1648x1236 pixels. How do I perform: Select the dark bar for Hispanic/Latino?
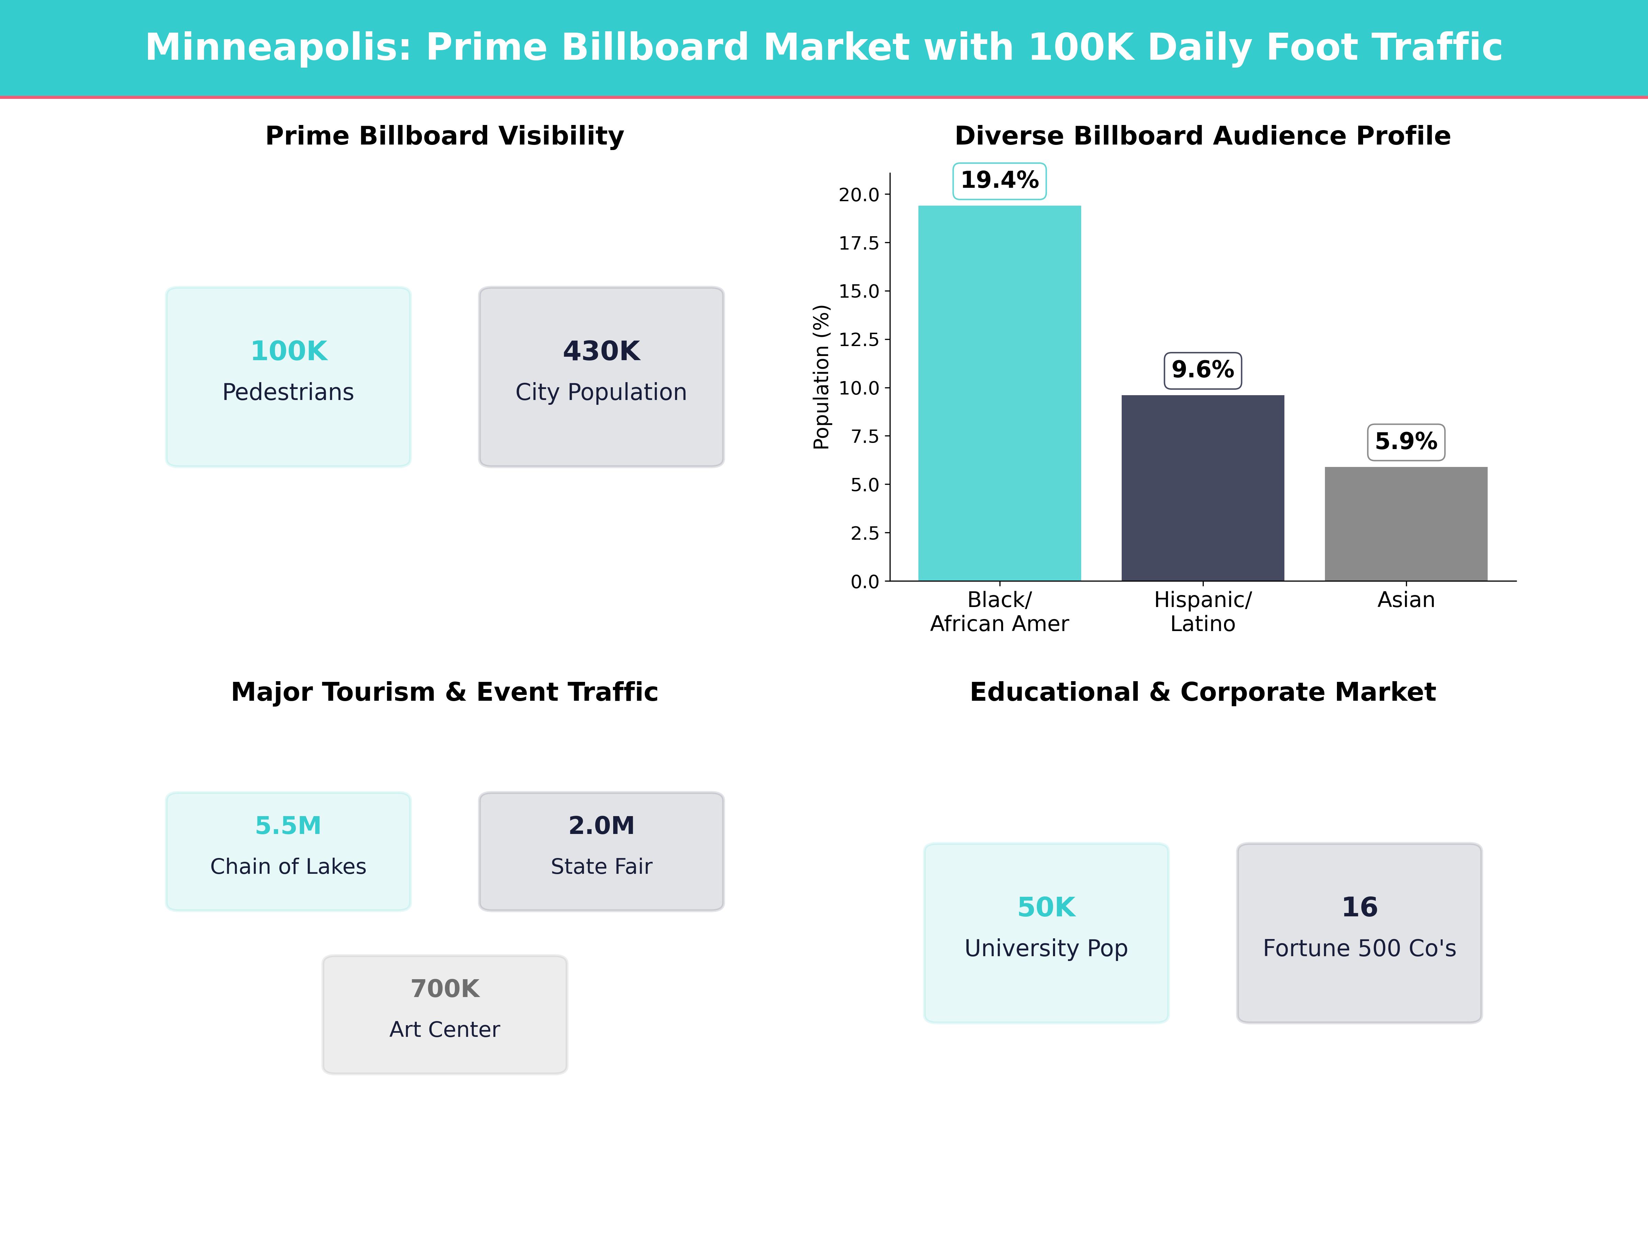[x=1202, y=488]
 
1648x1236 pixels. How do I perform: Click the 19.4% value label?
[x=999, y=180]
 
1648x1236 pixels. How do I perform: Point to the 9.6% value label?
[x=1202, y=369]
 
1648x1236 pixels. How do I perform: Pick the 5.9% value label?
[x=1406, y=442]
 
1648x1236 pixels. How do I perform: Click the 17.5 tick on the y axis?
[x=859, y=243]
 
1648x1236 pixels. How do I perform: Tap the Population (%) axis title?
[x=821, y=377]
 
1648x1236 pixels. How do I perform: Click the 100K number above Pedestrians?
[x=288, y=351]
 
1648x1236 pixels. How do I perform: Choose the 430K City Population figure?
[x=601, y=351]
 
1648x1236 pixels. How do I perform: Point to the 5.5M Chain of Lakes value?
[x=288, y=825]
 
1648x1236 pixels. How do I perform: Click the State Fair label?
[x=601, y=867]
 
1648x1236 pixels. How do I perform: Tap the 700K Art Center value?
[x=445, y=989]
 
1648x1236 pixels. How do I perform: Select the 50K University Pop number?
[x=1046, y=907]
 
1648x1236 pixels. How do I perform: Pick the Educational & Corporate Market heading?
[x=1202, y=692]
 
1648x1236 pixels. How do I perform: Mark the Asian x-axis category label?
[x=1406, y=600]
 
